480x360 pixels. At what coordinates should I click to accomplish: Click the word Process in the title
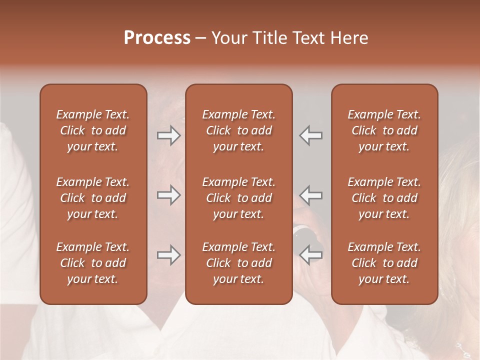pyautogui.click(x=157, y=38)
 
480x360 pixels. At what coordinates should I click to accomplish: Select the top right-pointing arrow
pyautogui.click(x=169, y=135)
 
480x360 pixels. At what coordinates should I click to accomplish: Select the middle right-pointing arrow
pyautogui.click(x=169, y=195)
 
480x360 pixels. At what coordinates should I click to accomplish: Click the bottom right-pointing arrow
pyautogui.click(x=169, y=255)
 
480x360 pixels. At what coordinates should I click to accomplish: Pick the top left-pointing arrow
pyautogui.click(x=310, y=135)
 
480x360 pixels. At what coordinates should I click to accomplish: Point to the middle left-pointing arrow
pyautogui.click(x=310, y=195)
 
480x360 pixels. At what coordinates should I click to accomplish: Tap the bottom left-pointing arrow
pyautogui.click(x=310, y=255)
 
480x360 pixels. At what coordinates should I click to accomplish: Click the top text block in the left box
pyautogui.click(x=93, y=130)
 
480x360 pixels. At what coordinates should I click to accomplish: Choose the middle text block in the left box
pyautogui.click(x=93, y=198)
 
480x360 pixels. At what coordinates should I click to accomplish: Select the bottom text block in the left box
pyautogui.click(x=93, y=263)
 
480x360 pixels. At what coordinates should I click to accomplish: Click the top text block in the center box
pyautogui.click(x=239, y=130)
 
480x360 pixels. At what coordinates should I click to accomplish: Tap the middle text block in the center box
pyautogui.click(x=239, y=198)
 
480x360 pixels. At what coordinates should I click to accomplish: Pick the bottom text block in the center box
pyautogui.click(x=239, y=263)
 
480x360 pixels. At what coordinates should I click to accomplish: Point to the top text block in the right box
pyautogui.click(x=384, y=130)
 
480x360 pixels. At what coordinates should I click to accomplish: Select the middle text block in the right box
pyautogui.click(x=384, y=198)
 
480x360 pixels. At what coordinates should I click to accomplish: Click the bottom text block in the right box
pyautogui.click(x=384, y=263)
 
